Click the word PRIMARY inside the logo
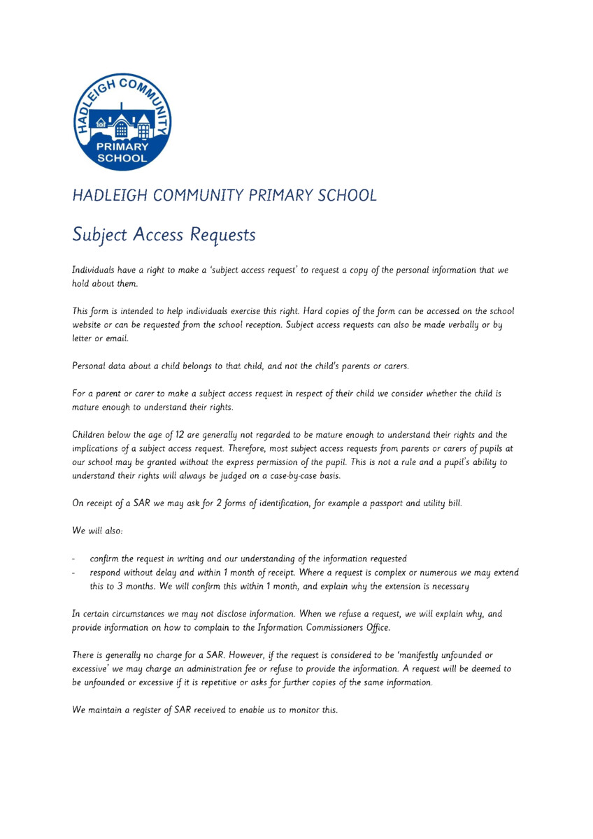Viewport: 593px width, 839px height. [122, 147]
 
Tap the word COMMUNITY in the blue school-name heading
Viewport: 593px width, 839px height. [200, 195]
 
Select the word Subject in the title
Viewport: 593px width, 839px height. [98, 236]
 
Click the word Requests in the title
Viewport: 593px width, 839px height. [222, 236]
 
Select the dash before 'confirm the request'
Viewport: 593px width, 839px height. [75, 559]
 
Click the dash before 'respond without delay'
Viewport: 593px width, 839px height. [75, 573]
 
